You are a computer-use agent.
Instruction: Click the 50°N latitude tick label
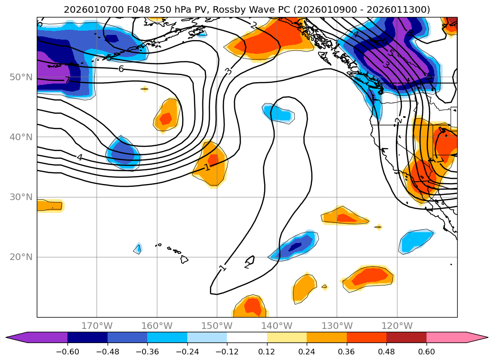tap(21, 77)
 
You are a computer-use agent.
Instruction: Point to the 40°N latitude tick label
tap(21, 137)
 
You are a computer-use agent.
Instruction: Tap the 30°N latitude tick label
tap(21, 197)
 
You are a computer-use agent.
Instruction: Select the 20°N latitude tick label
tap(21, 257)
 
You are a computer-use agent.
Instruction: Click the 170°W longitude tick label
tap(97, 326)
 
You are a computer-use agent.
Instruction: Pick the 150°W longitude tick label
tap(217, 326)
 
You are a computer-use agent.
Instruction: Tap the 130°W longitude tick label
tap(337, 326)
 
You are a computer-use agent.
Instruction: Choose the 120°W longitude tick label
tap(397, 326)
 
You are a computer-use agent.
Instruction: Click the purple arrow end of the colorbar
tap(17, 337)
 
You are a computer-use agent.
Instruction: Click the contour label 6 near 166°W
tap(121, 69)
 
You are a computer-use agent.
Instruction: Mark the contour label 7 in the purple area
tap(67, 80)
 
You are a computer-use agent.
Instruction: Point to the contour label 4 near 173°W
tap(80, 158)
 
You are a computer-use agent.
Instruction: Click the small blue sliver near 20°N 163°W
tap(138, 248)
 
